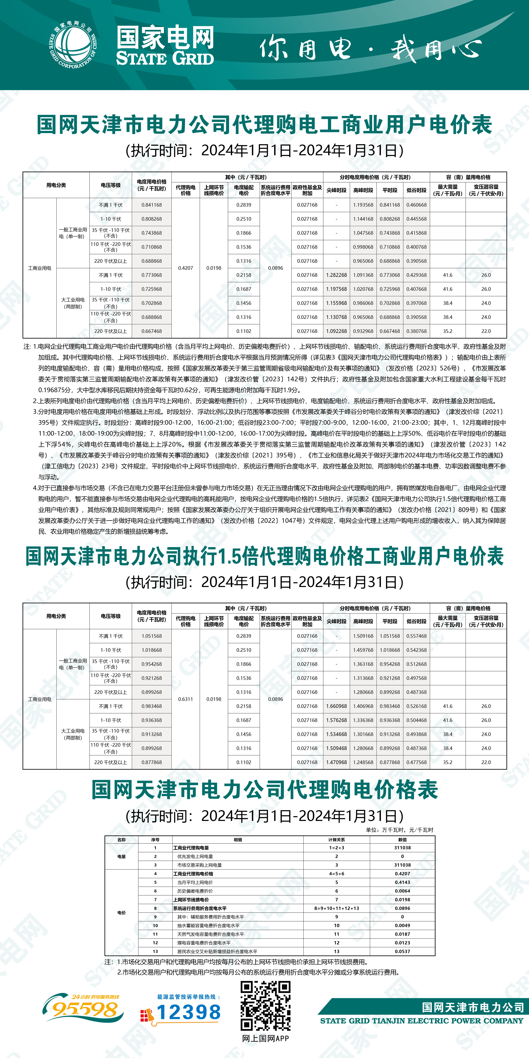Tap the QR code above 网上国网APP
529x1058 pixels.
point(265,1006)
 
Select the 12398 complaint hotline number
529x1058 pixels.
point(188,1012)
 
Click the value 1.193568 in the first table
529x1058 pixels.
point(363,205)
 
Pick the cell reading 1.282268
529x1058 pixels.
point(336,275)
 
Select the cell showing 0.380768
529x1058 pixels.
point(416,331)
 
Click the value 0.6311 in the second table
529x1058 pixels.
point(186,699)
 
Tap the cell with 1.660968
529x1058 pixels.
point(336,706)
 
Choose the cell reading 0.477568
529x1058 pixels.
point(416,762)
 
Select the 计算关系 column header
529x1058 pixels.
point(336,840)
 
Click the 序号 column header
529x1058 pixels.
point(155,840)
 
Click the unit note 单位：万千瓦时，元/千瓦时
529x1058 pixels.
point(399,830)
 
